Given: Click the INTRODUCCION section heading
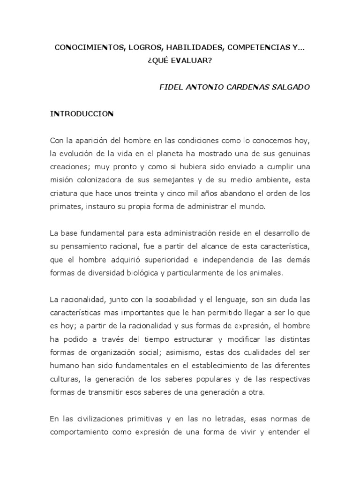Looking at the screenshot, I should [82, 114].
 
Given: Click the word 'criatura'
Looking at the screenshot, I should [63, 194].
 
